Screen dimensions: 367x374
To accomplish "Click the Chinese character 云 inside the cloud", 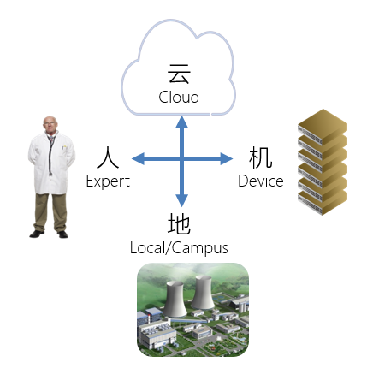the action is (179, 74).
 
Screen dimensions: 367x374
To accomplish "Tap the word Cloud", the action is (179, 97).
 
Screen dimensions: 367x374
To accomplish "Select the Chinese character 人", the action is (108, 157).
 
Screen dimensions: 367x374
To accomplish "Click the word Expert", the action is (108, 181).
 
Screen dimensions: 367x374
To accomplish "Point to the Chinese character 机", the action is (260, 157).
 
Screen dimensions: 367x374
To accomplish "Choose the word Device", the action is (261, 181).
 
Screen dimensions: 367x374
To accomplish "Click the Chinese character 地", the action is (179, 224).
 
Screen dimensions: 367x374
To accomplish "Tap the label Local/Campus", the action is (179, 248).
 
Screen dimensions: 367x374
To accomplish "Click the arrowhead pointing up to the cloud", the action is (181, 122).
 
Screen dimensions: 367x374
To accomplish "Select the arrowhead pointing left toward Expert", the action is (139, 158).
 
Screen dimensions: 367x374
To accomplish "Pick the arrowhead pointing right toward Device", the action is (227, 158).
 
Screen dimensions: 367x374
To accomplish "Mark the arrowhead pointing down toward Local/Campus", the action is (181, 200).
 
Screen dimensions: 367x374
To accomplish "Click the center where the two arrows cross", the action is (181, 158).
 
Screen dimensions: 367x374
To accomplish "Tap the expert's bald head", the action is (50, 122).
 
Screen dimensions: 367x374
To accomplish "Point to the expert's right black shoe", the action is (37, 234).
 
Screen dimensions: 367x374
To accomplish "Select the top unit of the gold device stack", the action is (323, 127).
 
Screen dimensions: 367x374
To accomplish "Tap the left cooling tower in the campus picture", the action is (175, 299).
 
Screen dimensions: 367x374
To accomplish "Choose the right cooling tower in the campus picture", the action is (203, 292).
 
